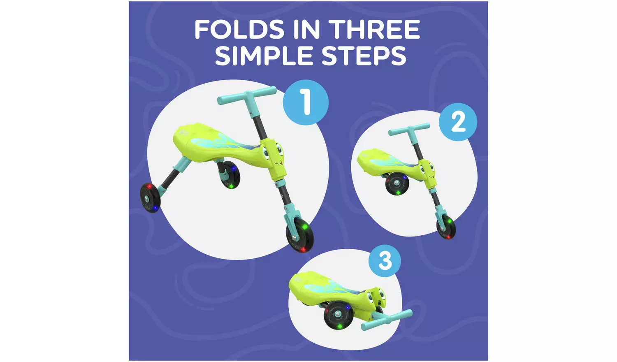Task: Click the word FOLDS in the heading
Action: click(x=239, y=29)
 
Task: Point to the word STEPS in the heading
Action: click(x=364, y=56)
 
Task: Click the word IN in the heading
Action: click(x=306, y=29)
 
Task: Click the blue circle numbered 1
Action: click(x=306, y=102)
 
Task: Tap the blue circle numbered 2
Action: click(x=458, y=122)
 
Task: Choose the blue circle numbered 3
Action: click(x=385, y=261)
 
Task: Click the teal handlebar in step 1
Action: click(x=247, y=95)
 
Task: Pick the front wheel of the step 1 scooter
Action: click(x=300, y=236)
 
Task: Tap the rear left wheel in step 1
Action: click(x=151, y=197)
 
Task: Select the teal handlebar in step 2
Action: click(x=409, y=130)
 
